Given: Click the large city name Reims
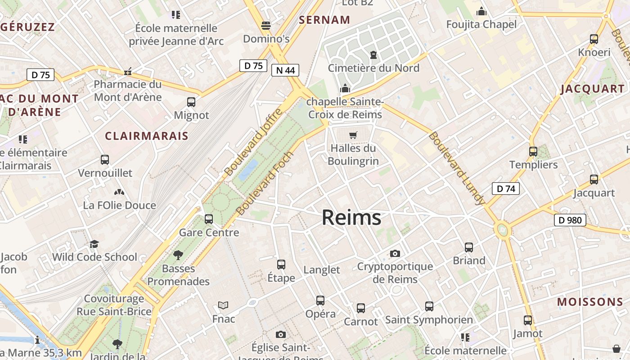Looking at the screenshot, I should [x=351, y=218].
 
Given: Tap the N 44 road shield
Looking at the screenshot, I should [x=285, y=70].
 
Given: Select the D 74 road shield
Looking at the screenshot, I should [x=506, y=189].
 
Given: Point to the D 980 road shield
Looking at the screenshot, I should [x=570, y=220].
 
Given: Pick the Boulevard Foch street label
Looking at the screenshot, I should [x=265, y=183].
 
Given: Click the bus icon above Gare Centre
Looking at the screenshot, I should [x=209, y=219].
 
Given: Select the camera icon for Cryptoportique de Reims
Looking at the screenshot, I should [x=395, y=253].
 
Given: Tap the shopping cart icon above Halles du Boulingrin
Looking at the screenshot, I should [x=353, y=135].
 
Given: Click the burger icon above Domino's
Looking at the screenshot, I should [x=266, y=25].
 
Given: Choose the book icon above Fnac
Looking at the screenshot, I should [x=223, y=306].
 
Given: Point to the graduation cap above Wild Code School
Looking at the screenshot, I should [x=94, y=244].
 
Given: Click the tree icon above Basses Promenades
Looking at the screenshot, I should [x=178, y=255].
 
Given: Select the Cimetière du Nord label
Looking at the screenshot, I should [x=373, y=68].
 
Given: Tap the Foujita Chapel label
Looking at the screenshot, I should [x=481, y=24].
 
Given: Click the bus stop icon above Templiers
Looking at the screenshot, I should [x=533, y=151].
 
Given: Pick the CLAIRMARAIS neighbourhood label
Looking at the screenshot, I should [x=147, y=136].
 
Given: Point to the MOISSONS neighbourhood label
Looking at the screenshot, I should [x=590, y=302].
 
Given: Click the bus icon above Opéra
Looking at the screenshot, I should [x=320, y=300].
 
